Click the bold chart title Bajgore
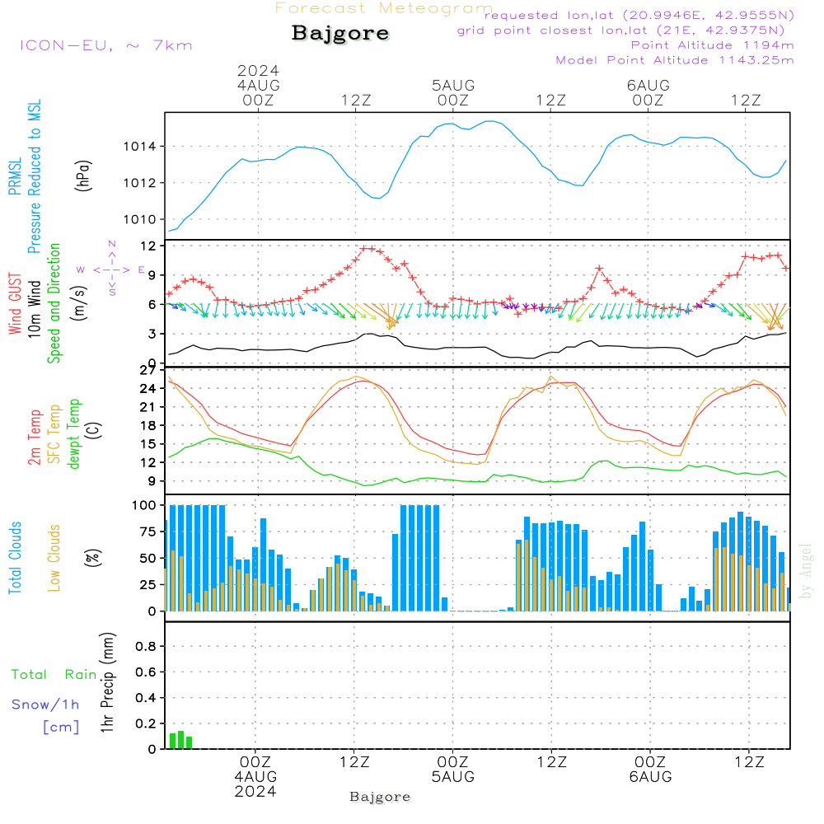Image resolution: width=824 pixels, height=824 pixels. point(340,34)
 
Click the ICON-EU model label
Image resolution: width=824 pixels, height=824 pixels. point(105,45)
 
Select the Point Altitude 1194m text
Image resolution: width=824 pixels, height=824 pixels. point(712,45)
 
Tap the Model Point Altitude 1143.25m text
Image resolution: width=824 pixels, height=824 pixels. point(675,60)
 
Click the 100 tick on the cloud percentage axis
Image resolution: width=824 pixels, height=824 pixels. point(145,505)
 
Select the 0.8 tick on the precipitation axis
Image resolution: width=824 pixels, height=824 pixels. point(146,647)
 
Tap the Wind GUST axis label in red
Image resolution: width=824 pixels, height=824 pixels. point(15,305)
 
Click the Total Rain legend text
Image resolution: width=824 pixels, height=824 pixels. point(54,675)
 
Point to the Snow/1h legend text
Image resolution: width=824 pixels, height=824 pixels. point(46,705)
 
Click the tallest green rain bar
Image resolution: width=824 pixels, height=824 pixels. point(181,739)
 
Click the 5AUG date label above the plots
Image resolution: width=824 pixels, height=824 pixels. point(453,85)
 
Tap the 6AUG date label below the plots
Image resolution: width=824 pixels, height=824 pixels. point(650,776)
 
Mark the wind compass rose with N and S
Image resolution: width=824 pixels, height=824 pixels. point(111,269)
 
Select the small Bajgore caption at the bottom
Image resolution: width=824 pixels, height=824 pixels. point(380,797)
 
